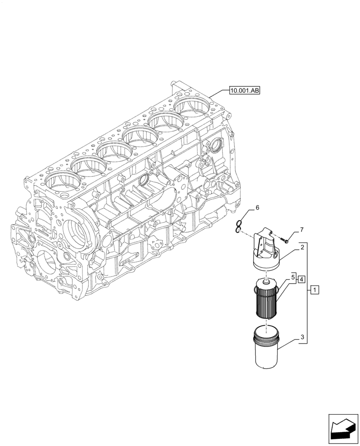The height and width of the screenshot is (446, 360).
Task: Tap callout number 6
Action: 257,208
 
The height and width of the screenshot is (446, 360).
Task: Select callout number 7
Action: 302,230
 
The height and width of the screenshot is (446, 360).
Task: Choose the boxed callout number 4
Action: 302,279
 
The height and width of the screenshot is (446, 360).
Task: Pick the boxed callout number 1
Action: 315,291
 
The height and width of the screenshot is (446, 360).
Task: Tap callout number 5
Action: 293,277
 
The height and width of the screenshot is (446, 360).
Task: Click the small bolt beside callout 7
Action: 285,240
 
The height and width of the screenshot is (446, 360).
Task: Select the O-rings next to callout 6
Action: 240,227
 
